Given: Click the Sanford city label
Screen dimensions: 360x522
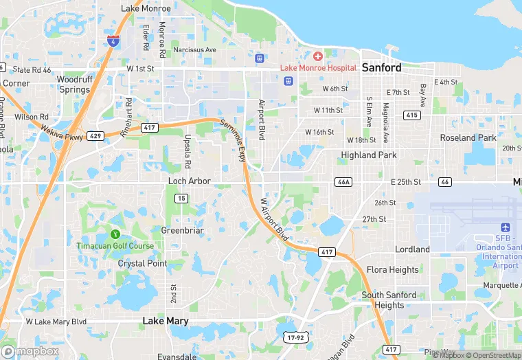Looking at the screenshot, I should click(381, 67).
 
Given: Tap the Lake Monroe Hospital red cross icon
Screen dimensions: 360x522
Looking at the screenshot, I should click(317, 56).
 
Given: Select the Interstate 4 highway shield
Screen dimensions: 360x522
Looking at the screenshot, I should click(114, 41).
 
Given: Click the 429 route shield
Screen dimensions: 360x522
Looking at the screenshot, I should click(95, 137).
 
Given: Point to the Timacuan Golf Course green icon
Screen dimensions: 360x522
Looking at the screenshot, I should click(115, 234).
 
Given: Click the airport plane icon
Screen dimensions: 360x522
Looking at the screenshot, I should click(506, 227).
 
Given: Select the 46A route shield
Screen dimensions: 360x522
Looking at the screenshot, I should click(343, 182).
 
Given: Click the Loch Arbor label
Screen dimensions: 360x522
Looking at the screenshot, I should click(190, 181).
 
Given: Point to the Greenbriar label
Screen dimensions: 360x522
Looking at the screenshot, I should click(182, 230).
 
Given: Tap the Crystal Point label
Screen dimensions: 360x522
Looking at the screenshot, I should click(142, 263).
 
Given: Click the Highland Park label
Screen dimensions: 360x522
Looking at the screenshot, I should click(369, 155).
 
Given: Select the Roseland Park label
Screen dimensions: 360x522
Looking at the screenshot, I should click(468, 137).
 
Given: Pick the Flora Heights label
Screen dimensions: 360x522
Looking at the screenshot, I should click(392, 270).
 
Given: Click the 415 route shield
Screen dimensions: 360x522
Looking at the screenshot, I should click(412, 115).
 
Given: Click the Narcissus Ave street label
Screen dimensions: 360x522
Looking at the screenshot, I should click(194, 50).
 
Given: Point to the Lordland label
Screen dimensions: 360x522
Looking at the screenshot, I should click(412, 249).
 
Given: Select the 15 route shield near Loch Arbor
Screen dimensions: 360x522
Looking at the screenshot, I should click(181, 198).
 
